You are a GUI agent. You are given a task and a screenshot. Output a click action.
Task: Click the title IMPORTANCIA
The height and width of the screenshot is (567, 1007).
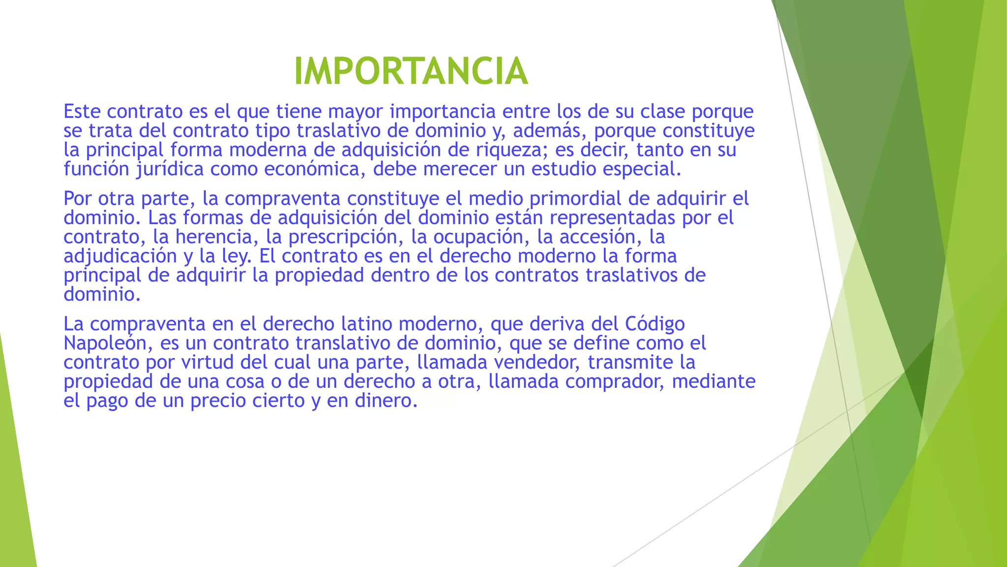click(x=411, y=71)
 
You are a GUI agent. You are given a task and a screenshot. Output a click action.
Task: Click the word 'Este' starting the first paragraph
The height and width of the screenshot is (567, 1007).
click(x=82, y=112)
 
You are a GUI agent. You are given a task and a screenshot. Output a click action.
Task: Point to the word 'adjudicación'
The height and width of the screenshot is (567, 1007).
click(x=119, y=256)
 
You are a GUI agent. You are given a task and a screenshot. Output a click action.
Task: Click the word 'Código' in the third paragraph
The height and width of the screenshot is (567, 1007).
click(x=655, y=324)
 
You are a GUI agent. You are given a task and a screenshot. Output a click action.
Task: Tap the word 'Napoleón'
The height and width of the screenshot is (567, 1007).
click(x=105, y=343)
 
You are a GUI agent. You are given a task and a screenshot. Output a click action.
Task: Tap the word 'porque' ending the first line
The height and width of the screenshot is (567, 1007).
click(x=722, y=112)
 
